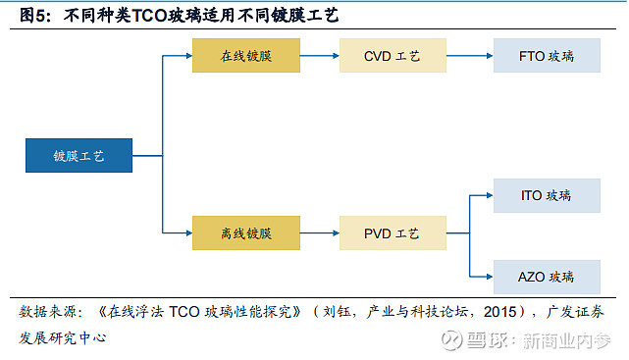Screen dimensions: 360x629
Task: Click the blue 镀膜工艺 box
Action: tap(79, 156)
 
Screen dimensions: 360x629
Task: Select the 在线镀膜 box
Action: tap(245, 56)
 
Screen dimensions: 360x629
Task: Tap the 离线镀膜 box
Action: tap(245, 233)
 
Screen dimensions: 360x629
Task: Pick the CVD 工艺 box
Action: tap(393, 56)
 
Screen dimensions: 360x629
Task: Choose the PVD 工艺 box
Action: tap(393, 233)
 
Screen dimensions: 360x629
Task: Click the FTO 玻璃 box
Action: tap(546, 56)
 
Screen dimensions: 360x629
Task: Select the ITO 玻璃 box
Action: tap(546, 195)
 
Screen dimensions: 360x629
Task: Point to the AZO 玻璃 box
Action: tap(546, 276)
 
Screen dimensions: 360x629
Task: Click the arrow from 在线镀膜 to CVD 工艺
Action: tap(320, 56)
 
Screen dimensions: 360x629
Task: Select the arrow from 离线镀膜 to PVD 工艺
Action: tap(320, 233)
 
